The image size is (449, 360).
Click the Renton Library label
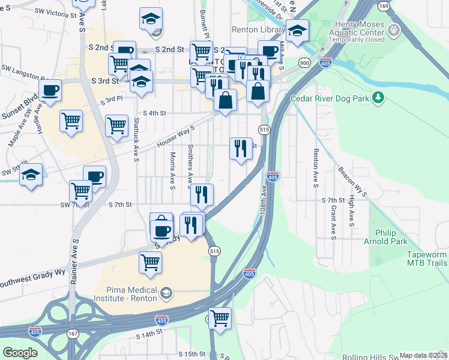point(258,29)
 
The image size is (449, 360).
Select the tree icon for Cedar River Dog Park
point(378,97)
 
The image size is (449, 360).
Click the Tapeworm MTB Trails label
point(427,259)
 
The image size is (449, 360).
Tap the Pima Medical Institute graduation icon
point(166,294)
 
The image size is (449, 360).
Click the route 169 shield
point(384,6)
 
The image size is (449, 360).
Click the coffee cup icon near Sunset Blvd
point(50,91)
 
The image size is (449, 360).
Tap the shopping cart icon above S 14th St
point(220,319)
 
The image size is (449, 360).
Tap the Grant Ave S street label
point(333,222)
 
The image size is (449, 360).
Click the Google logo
point(20,353)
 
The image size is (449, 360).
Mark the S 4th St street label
point(154,113)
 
